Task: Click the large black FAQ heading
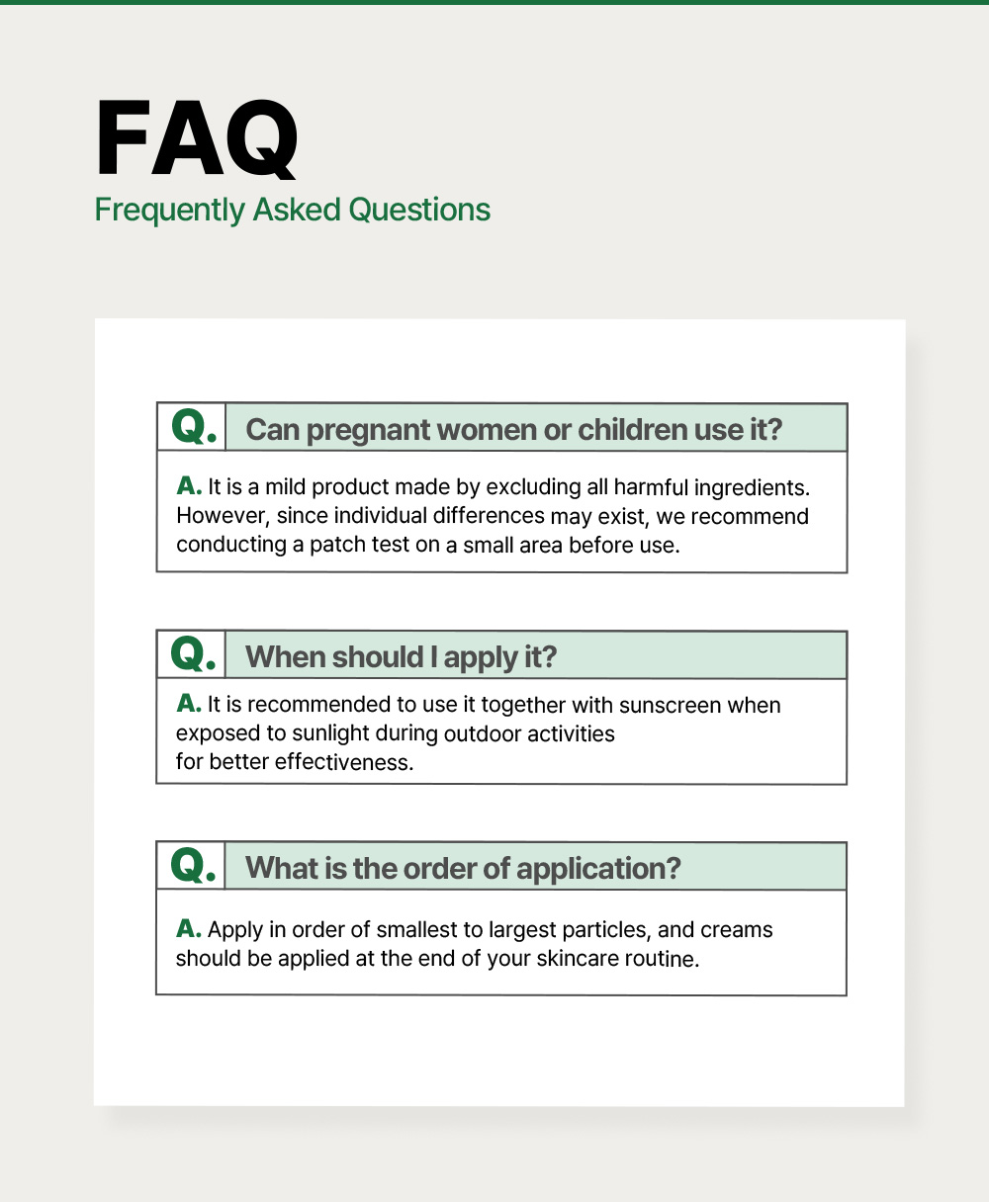(197, 138)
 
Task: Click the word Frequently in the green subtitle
(169, 211)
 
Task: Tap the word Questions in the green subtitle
(419, 210)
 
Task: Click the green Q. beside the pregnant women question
(194, 426)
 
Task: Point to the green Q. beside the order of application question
(194, 865)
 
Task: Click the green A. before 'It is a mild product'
(189, 486)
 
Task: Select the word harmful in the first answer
(651, 487)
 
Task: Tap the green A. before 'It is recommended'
(189, 704)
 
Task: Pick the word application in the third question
(598, 870)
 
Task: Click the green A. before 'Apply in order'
(189, 928)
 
